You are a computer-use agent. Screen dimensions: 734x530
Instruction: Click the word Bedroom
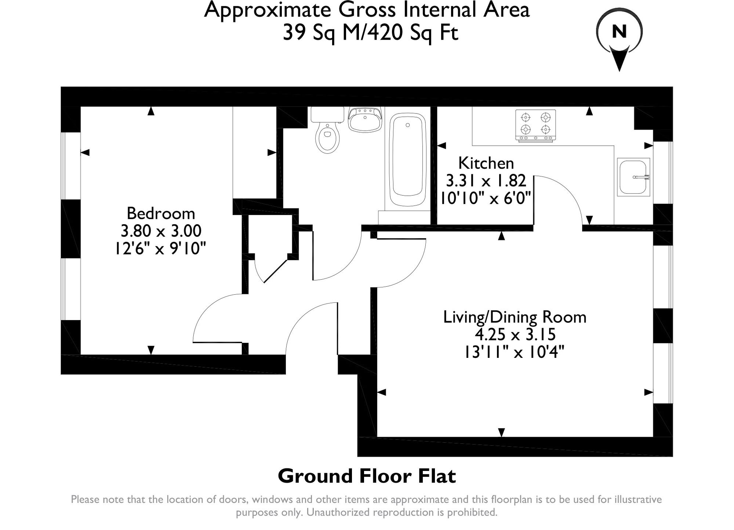pyautogui.click(x=161, y=213)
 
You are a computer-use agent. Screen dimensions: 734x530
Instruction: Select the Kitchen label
pyautogui.click(x=486, y=163)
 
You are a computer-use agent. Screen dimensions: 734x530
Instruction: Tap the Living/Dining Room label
pyautogui.click(x=515, y=317)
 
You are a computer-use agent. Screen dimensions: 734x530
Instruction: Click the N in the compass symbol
pyautogui.click(x=619, y=32)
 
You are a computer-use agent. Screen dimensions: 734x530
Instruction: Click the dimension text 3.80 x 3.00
pyautogui.click(x=161, y=231)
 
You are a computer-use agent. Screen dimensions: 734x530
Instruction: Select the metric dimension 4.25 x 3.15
pyautogui.click(x=515, y=334)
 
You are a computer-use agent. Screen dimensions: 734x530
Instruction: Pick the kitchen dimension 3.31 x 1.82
pyautogui.click(x=486, y=181)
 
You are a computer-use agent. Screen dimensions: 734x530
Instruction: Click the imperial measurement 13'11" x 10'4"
pyautogui.click(x=514, y=352)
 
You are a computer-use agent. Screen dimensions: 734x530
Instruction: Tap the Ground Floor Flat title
pyautogui.click(x=367, y=476)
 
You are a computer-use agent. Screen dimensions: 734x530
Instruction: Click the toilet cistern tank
pyautogui.click(x=327, y=114)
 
